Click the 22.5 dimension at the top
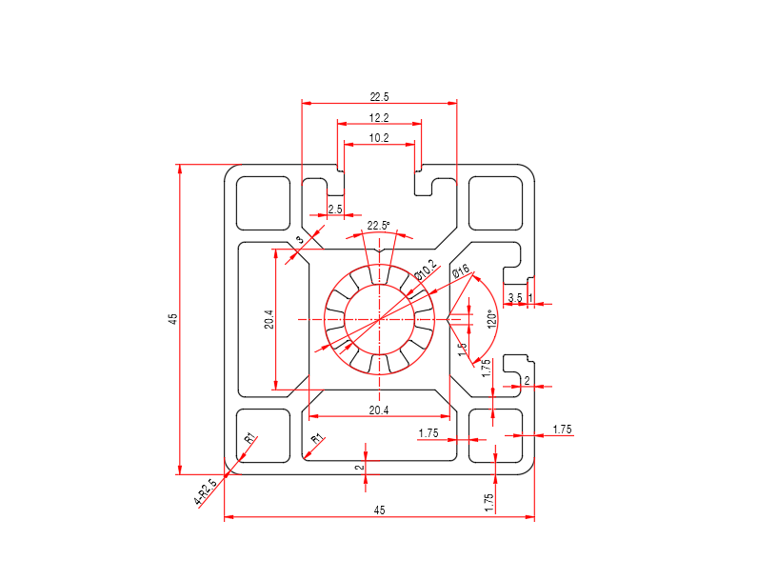coord(379,96)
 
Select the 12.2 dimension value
coord(379,117)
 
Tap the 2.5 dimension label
coord(335,209)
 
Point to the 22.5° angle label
coord(378,226)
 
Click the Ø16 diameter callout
coord(461,273)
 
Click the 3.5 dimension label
coord(514,298)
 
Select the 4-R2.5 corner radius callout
coord(206,491)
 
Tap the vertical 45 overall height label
coord(172,318)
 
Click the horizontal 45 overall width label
coord(379,511)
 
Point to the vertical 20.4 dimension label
coord(269,320)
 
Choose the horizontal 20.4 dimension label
coord(379,410)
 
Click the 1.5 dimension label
coord(462,350)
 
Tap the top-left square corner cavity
coord(263,203)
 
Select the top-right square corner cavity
coord(496,203)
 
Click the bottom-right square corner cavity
coord(496,435)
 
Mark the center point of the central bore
coord(379,319)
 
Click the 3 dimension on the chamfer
coord(299,240)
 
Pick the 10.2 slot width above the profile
coord(379,137)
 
